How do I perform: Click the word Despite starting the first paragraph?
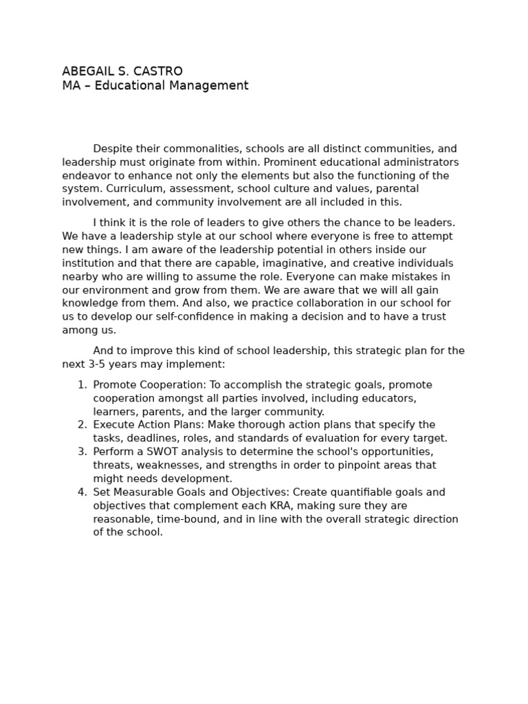[113, 149]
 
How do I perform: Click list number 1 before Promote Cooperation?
[82, 385]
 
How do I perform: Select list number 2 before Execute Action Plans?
[82, 425]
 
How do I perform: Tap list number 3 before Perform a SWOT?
[82, 452]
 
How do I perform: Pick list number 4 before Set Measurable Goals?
[82, 492]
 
